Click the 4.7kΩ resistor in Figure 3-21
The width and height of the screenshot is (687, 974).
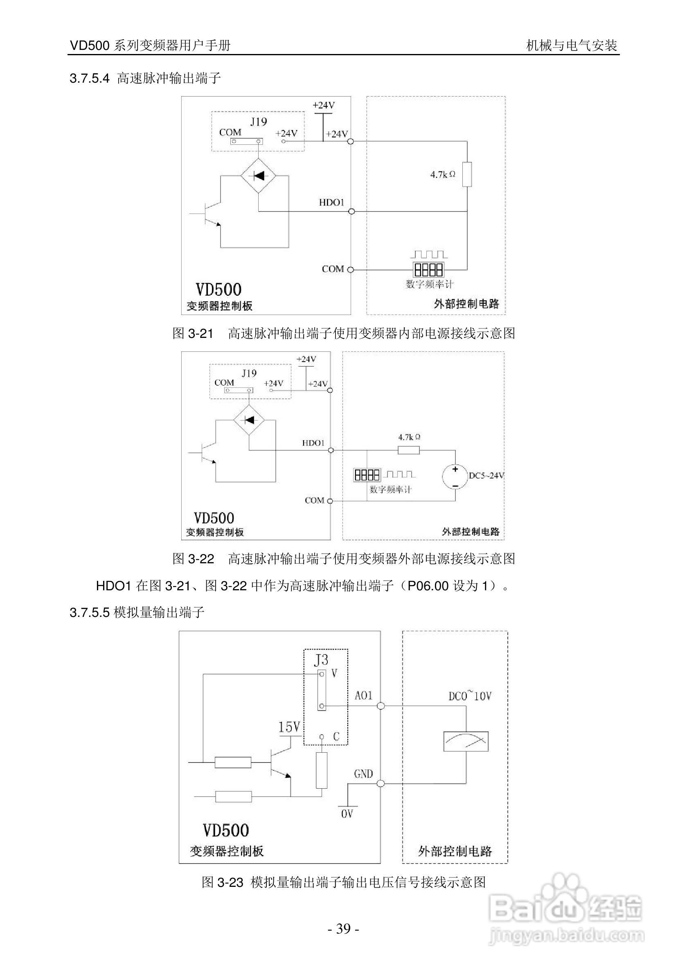pos(467,174)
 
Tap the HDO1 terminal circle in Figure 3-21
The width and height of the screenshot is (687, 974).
pos(351,211)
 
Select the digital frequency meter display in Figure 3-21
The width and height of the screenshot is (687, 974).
pos(428,270)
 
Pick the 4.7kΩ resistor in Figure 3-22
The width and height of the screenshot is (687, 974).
pos(409,450)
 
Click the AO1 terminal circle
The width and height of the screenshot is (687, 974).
pos(381,706)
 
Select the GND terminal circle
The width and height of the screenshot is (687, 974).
pos(381,783)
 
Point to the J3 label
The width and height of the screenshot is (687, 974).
pos(321,660)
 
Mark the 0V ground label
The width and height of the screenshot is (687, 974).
pos(347,814)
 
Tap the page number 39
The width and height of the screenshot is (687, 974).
pos(343,929)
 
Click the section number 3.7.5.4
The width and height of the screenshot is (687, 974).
pos(90,79)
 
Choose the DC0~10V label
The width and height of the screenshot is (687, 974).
pos(470,696)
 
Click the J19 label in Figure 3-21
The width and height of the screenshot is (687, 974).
pos(259,122)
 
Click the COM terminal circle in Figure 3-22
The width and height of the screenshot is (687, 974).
pos(330,501)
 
